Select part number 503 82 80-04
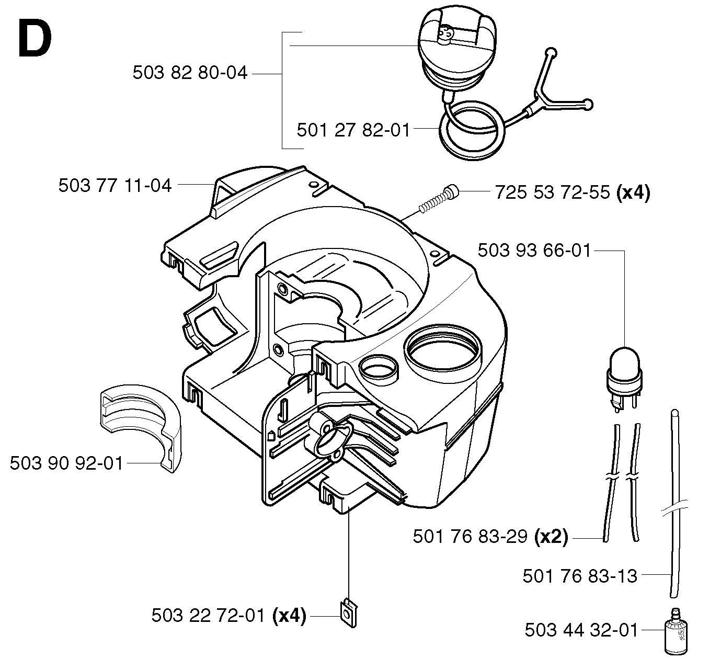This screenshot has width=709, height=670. pos(190,73)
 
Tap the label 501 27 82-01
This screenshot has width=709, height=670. pos(353,130)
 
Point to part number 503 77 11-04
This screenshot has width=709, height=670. pos(115,186)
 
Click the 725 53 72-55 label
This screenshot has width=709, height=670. pos(552,192)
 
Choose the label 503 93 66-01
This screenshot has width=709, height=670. pos(534,251)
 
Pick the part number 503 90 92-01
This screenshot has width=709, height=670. pos(66,463)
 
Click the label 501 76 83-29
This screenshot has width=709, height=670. pos(470,536)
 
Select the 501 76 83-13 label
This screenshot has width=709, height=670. pos(580,576)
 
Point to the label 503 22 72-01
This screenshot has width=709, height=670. pos(208,616)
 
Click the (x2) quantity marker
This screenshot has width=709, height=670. pos(551,537)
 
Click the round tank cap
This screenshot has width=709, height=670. pos(457,50)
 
